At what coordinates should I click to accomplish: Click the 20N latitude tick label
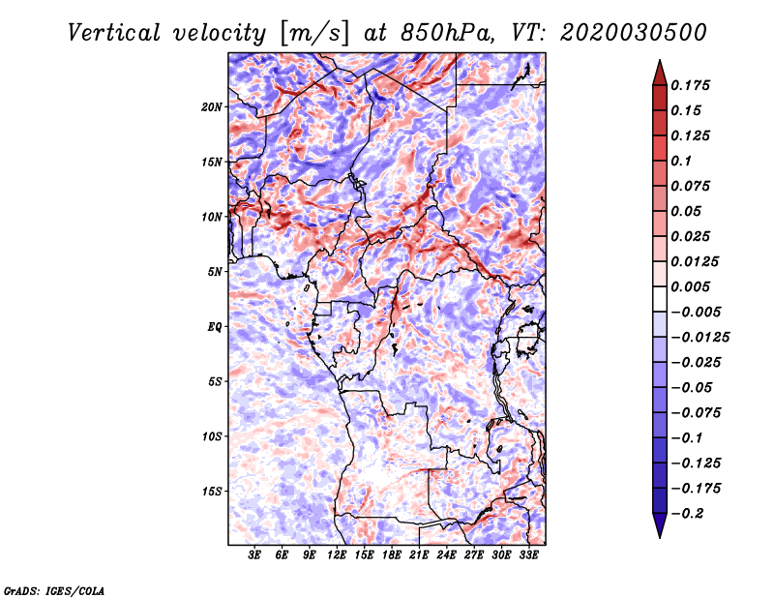[212, 106]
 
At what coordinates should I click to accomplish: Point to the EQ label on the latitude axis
[214, 326]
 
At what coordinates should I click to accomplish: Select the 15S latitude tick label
[212, 492]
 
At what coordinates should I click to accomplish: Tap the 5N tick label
[215, 272]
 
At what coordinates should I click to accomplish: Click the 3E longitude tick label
[254, 555]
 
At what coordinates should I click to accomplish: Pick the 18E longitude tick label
[392, 555]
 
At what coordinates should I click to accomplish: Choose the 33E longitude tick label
[528, 555]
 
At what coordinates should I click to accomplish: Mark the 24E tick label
[446, 555]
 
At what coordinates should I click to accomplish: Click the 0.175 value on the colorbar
[690, 85]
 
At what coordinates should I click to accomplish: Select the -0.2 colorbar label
[687, 514]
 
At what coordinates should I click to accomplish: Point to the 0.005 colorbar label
[690, 286]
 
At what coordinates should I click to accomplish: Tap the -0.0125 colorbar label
[700, 338]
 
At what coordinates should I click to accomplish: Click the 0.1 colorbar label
[681, 161]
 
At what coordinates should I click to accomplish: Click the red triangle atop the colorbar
[660, 74]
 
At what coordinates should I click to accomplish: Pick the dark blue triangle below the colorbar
[660, 525]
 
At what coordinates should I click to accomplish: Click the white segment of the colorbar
[660, 299]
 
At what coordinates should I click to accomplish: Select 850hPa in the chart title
[446, 33]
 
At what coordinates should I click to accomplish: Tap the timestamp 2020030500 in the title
[634, 33]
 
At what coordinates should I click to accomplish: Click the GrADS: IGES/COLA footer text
[54, 590]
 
